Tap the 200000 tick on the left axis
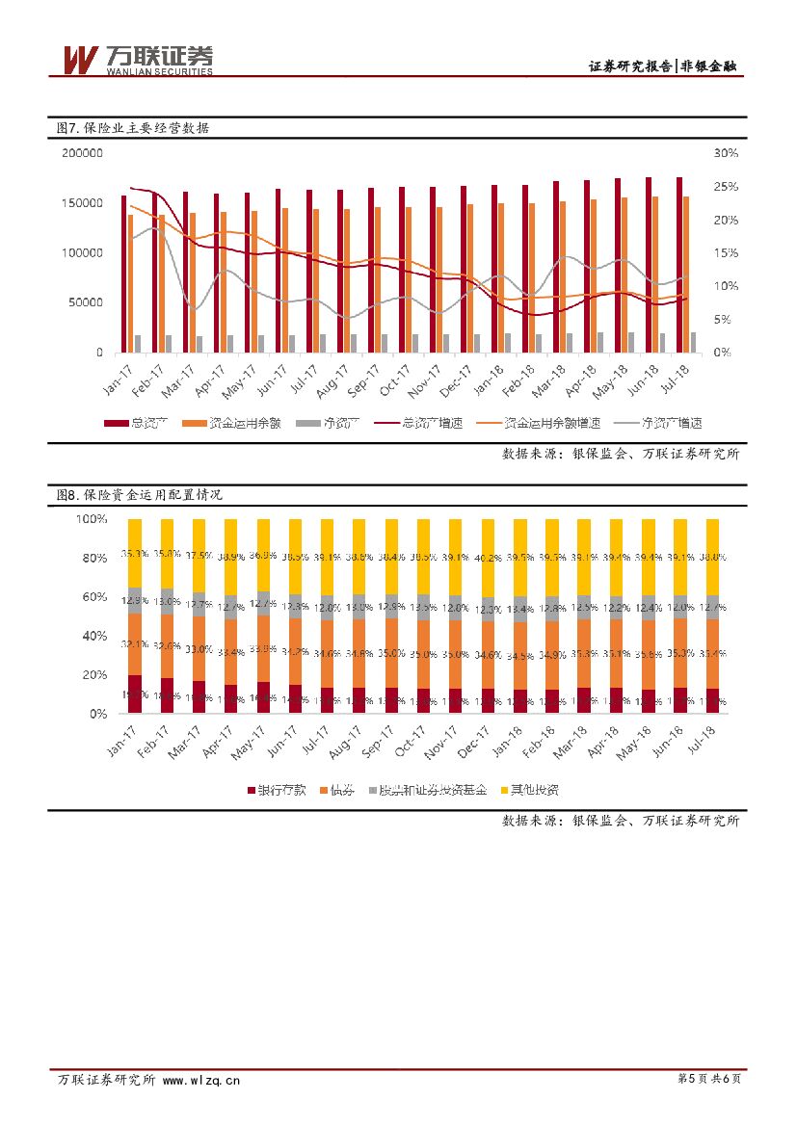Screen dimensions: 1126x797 point(82,153)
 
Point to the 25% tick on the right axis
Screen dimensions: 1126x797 point(726,186)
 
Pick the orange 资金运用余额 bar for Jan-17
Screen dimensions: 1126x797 point(131,283)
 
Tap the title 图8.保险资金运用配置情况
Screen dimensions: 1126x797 point(140,494)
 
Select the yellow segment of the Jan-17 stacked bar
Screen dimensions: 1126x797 point(135,553)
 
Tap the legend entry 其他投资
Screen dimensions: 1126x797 point(530,790)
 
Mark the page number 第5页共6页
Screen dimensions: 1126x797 point(709,1080)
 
